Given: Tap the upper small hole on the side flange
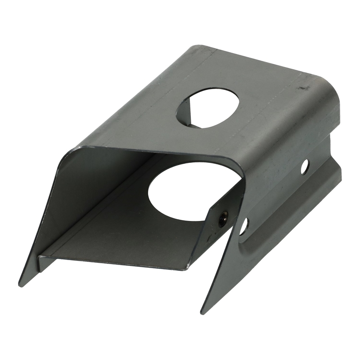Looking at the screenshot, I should [x=305, y=166].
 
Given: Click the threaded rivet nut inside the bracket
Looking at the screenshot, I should [x=222, y=219].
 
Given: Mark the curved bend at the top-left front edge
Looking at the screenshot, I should [x=72, y=153].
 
